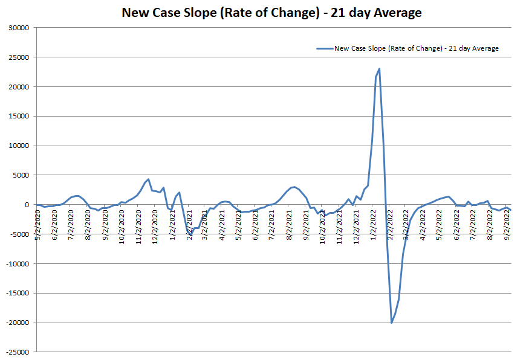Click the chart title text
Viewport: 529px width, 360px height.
(271, 13)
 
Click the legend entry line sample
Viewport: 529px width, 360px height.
(324, 48)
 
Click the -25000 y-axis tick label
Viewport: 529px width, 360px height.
(21, 352)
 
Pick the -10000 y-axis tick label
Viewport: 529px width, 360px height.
(21, 264)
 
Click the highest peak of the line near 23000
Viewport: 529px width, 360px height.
(379, 69)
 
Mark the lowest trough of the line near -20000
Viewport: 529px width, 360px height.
(392, 323)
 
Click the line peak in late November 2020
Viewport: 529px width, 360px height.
(148, 179)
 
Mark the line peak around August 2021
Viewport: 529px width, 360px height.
(294, 187)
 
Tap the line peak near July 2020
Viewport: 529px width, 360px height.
(77, 196)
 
